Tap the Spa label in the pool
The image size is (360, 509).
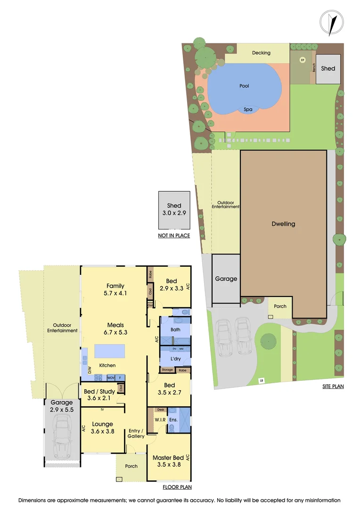tap(248, 109)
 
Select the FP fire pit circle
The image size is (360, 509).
tap(303, 60)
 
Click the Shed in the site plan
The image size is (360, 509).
tap(328, 69)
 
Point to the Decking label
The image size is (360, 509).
tap(261, 53)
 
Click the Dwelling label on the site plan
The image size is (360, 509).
tap(283, 224)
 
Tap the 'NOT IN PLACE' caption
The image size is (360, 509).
tap(174, 235)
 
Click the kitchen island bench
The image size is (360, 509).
tap(110, 351)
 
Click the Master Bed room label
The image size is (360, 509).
tap(168, 460)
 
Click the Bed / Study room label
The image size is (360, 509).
tap(99, 394)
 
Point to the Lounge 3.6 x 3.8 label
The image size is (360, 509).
tap(102, 427)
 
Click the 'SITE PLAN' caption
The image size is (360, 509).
tap(332, 387)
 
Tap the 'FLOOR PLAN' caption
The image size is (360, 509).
tap(177, 487)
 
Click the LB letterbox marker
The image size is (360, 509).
tap(261, 380)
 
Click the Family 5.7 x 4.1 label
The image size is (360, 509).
tap(115, 289)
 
